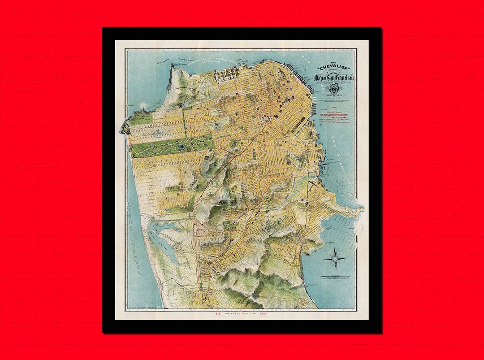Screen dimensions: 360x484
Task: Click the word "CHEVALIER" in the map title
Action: point(333,68)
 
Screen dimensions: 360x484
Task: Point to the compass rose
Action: point(335,259)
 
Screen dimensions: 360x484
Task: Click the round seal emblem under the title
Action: point(333,90)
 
